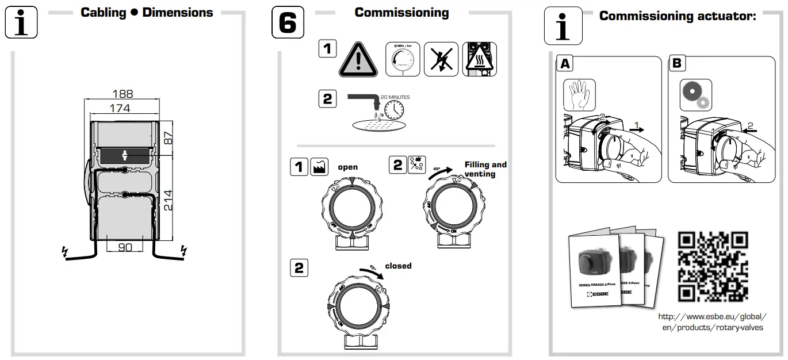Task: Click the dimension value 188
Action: tap(123, 94)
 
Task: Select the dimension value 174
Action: tap(120, 108)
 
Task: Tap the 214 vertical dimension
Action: tap(169, 200)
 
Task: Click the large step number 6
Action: tap(288, 23)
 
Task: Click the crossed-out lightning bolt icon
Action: tap(441, 59)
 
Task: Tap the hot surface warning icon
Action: tap(479, 59)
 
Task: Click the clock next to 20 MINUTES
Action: tap(394, 109)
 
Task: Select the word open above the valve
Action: tap(347, 167)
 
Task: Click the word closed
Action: tap(398, 266)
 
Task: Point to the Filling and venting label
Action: tap(485, 169)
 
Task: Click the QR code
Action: tap(713, 266)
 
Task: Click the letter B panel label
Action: tap(677, 63)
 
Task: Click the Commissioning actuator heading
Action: tap(677, 16)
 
